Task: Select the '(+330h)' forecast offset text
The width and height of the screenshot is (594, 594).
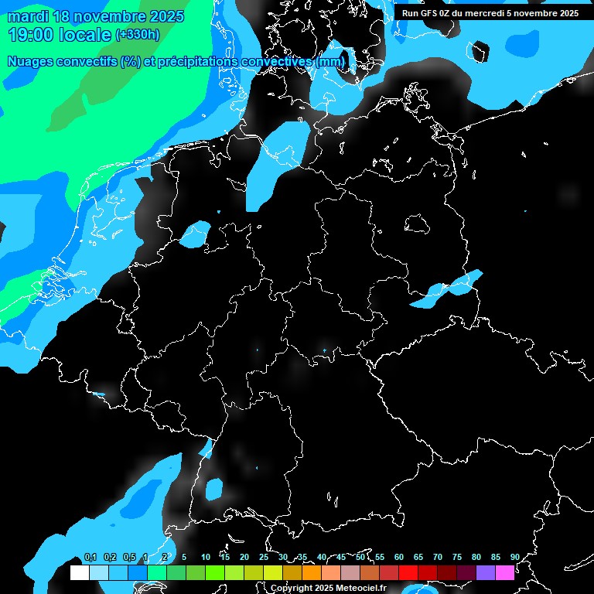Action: (x=138, y=35)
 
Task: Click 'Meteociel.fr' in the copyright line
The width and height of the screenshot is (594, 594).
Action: (x=356, y=588)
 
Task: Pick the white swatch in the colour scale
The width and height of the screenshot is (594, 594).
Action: (x=79, y=573)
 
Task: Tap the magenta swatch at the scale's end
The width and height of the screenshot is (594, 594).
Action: (x=505, y=573)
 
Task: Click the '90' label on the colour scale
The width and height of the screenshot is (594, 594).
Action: (x=514, y=558)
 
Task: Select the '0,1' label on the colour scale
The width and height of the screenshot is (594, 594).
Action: (x=90, y=558)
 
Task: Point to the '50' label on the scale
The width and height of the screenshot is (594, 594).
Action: (x=360, y=558)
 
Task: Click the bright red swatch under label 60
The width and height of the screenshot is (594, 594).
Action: (x=408, y=573)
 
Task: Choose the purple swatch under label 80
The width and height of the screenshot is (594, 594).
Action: (x=486, y=573)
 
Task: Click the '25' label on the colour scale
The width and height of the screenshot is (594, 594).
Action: (x=264, y=558)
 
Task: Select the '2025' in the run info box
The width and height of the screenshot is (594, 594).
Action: (x=568, y=13)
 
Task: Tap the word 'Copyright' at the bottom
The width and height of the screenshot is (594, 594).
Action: (x=292, y=588)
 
